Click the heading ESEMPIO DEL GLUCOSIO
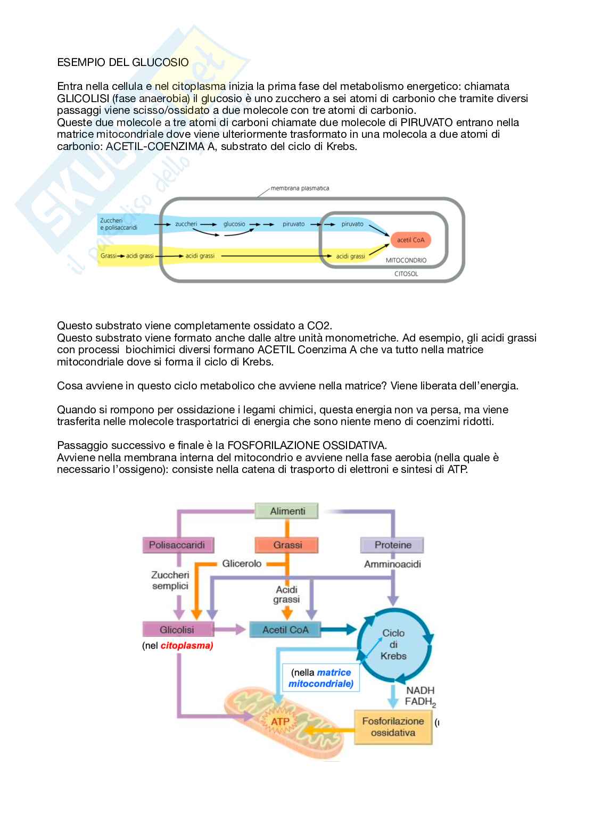(122, 62)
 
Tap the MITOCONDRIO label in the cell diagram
(406, 261)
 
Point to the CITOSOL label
(406, 274)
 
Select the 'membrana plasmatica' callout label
(300, 188)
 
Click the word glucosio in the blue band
(234, 224)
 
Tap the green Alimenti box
(287, 511)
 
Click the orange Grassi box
(287, 545)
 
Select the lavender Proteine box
(393, 545)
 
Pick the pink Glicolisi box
(177, 629)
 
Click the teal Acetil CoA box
(285, 629)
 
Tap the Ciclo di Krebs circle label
(393, 644)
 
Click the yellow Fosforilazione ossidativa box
(393, 727)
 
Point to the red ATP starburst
(280, 722)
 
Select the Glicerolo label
(242, 563)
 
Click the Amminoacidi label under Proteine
(392, 563)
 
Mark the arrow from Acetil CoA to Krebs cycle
(339, 629)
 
